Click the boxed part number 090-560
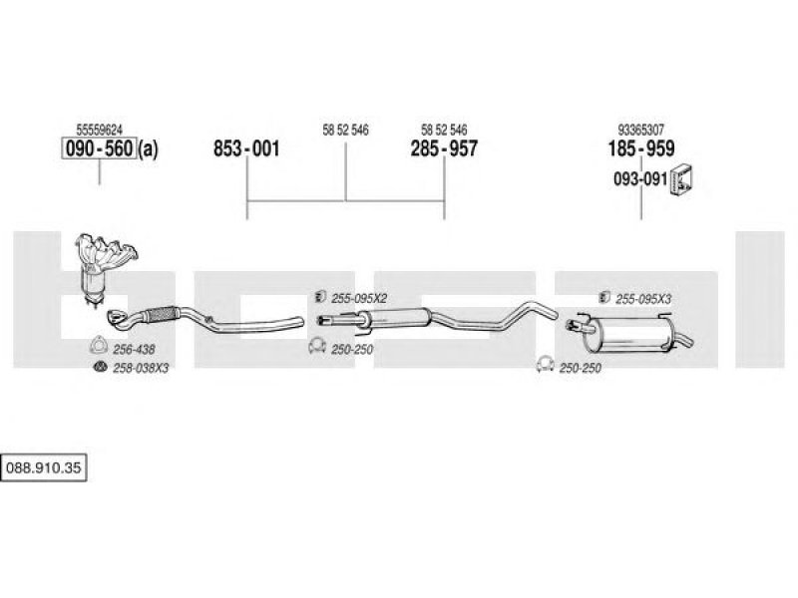point(99,149)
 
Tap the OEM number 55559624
point(99,130)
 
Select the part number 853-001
point(246,149)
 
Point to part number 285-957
point(444,149)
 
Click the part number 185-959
point(641,149)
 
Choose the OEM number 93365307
point(640,130)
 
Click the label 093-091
point(640,179)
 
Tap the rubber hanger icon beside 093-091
point(682,180)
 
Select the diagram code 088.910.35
point(44,467)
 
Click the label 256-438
point(134,350)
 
